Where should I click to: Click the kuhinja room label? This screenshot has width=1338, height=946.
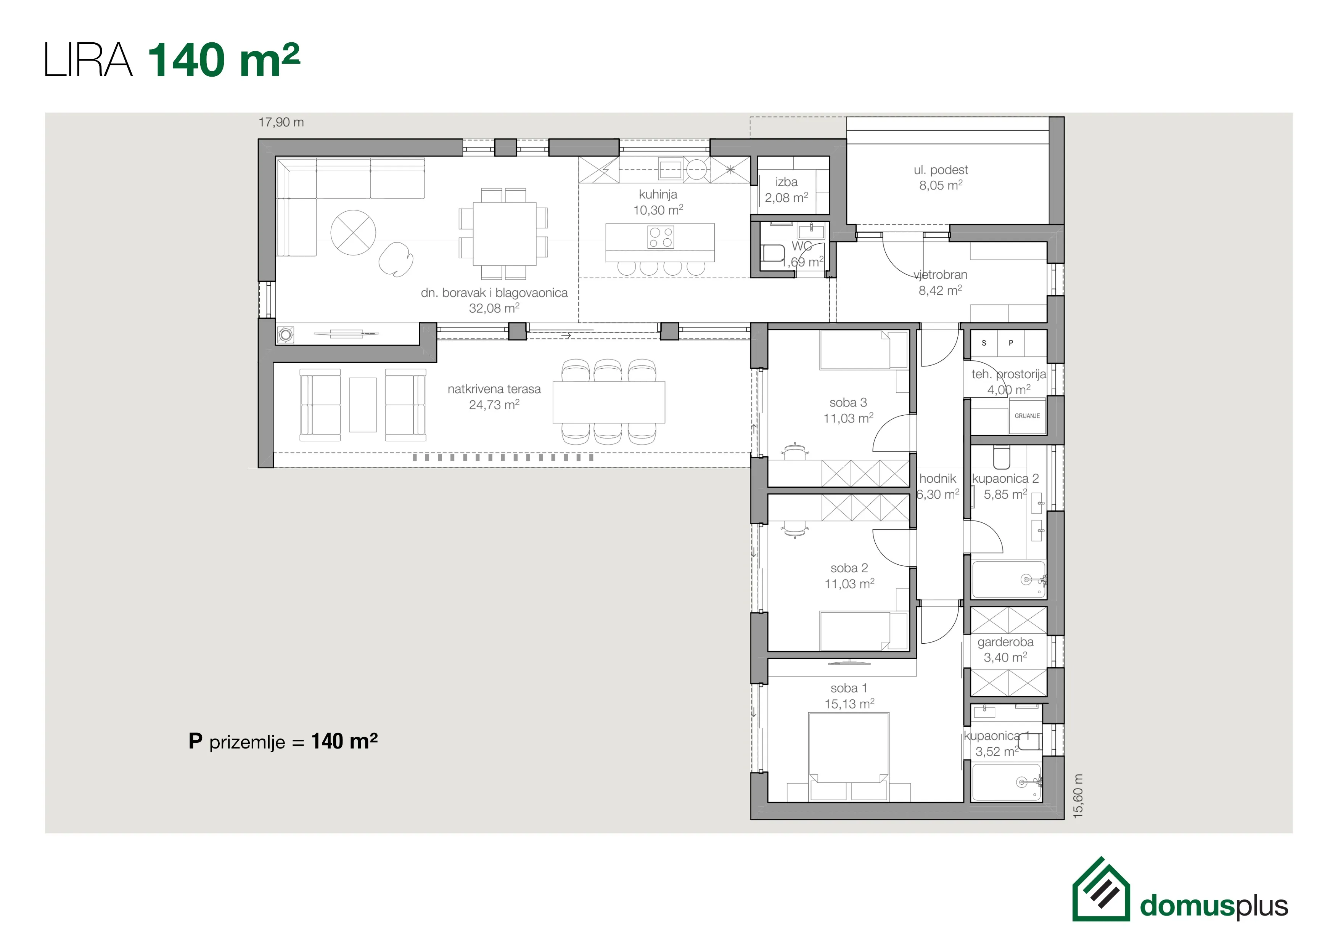[x=658, y=194]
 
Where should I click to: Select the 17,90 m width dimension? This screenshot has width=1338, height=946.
[x=281, y=122]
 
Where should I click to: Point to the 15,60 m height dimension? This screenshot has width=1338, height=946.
[x=1078, y=796]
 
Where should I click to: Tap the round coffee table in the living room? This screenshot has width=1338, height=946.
[x=353, y=233]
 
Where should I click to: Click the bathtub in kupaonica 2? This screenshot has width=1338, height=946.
[x=1008, y=580]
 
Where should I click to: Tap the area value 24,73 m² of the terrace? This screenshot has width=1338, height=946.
[x=494, y=405]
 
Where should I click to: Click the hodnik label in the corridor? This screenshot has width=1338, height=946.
[x=938, y=479]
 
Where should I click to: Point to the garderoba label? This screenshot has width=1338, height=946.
[x=1005, y=642]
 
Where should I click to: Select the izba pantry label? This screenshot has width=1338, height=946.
[x=786, y=182]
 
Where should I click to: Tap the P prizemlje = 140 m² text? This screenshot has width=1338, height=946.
[x=283, y=742]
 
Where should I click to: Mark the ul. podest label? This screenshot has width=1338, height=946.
[x=941, y=170]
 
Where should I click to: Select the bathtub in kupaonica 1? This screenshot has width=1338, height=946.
[x=1007, y=782]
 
